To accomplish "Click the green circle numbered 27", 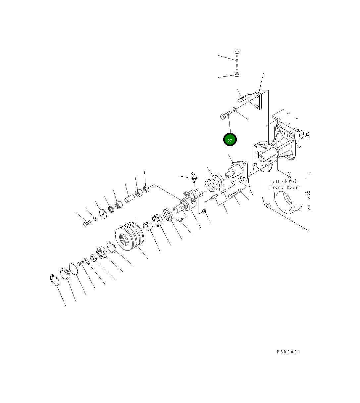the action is point(230,140).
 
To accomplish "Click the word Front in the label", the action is point(276,187).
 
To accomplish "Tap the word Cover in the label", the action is point(293,187).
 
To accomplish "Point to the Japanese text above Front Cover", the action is point(285,181).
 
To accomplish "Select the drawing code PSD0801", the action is point(288,352).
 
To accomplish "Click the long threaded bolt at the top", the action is point(237,60).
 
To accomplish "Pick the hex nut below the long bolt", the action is point(237,75).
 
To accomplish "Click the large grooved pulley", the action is point(129,236).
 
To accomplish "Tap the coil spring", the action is point(215,182).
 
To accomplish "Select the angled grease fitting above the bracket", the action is point(194,177).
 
